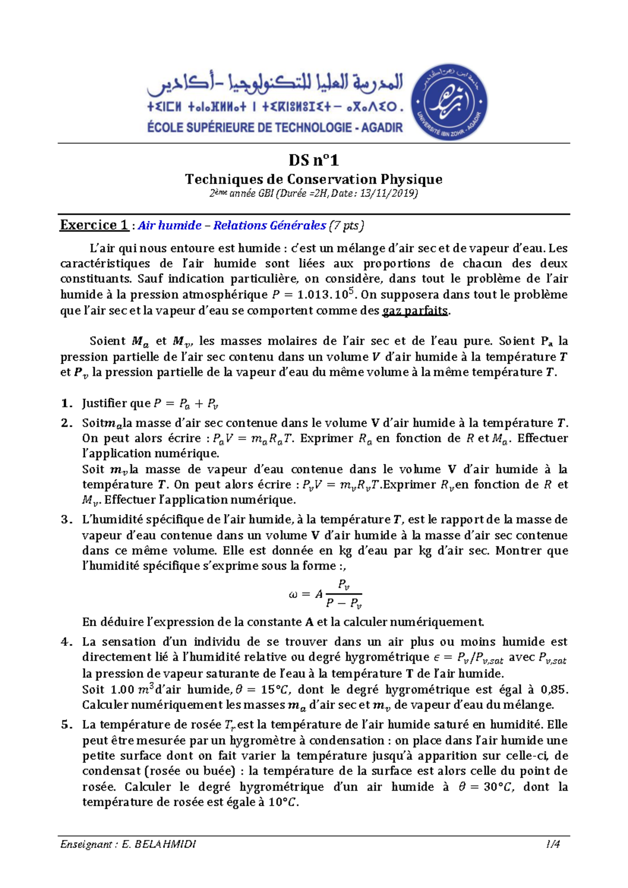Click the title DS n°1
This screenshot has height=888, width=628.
click(313, 160)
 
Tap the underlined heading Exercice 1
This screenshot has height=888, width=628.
click(94, 225)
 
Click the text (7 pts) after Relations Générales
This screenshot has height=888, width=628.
click(346, 226)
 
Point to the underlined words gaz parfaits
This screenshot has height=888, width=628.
click(416, 310)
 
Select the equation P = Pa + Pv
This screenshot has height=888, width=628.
click(186, 404)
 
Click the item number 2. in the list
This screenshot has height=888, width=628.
click(66, 423)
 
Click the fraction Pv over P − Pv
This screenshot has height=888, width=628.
click(343, 594)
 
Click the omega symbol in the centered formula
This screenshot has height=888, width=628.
click(293, 594)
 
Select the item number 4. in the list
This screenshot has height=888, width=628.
click(66, 642)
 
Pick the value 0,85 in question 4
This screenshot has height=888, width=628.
click(554, 690)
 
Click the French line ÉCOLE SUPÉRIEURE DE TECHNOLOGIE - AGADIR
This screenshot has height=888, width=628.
click(275, 127)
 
